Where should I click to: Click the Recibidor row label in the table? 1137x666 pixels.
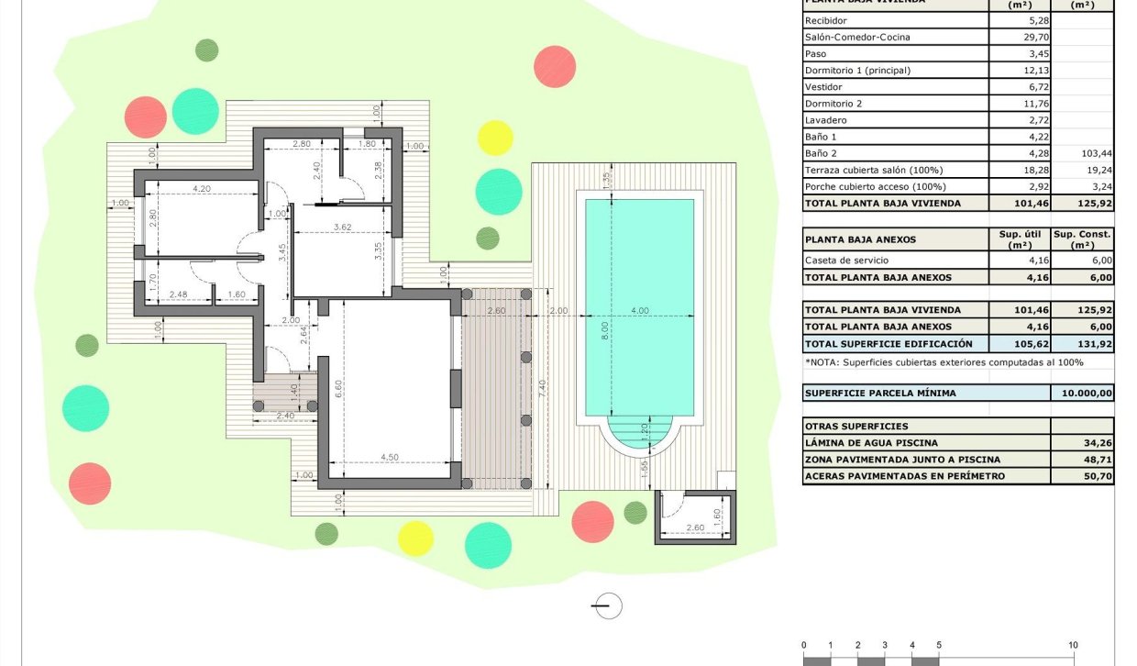(826, 21)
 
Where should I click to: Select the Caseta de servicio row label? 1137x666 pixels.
(842, 261)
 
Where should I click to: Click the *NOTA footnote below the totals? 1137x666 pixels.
(944, 362)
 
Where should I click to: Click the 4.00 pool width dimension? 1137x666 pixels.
(639, 311)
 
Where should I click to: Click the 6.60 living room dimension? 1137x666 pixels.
(337, 388)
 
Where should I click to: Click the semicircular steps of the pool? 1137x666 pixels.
(640, 431)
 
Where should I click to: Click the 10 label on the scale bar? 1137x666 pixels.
(1072, 645)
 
